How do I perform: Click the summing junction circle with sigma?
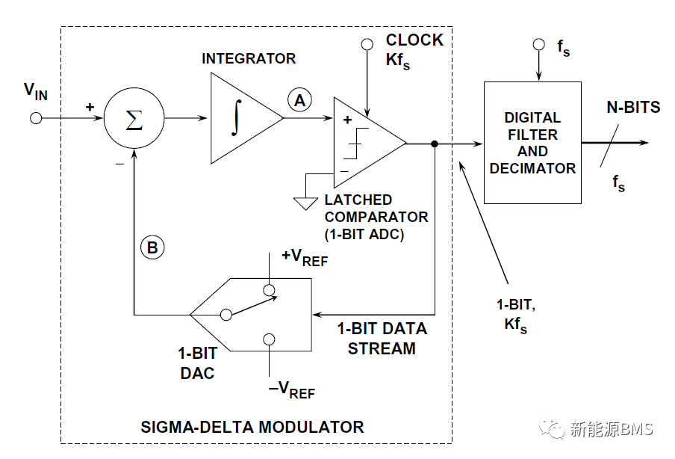coord(134,118)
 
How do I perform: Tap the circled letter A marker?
coord(299,100)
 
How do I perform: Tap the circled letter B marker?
coord(152,248)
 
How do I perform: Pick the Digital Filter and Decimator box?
coord(532,142)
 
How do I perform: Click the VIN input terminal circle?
coord(35,118)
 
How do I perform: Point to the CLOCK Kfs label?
coord(414,50)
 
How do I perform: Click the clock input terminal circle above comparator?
coord(367,45)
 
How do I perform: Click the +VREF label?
coord(304,257)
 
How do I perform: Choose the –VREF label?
coord(292,389)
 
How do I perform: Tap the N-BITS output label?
coord(633,108)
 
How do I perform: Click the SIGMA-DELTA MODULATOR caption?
coord(252,428)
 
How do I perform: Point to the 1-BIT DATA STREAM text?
coord(382,338)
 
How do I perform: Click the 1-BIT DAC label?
coord(197,362)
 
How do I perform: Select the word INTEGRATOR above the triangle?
coord(249,58)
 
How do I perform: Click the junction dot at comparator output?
coord(434,143)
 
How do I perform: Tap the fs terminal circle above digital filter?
coord(538,45)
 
